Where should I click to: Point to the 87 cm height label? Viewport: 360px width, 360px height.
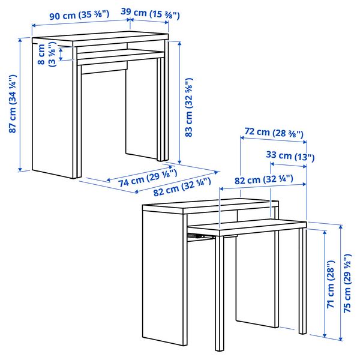click(x=11, y=105)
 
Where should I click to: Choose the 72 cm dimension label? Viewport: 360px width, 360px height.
click(x=274, y=132)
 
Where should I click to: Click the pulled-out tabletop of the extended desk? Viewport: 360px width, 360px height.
click(x=252, y=226)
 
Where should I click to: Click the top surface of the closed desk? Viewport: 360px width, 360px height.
click(x=99, y=40)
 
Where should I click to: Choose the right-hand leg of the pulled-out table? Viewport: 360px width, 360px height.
click(x=302, y=282)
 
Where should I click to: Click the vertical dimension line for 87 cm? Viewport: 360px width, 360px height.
click(x=20, y=105)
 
